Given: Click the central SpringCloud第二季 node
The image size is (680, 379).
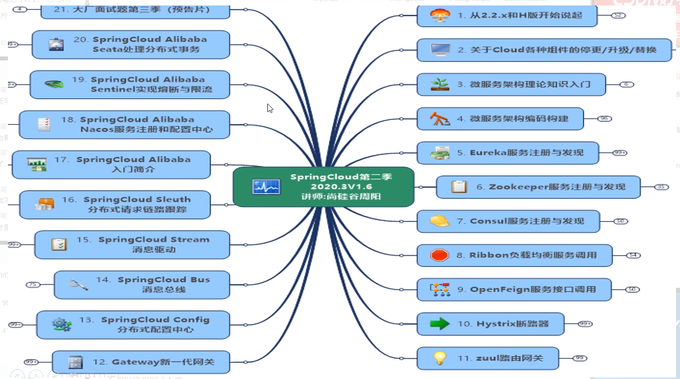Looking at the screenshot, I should pos(323,187).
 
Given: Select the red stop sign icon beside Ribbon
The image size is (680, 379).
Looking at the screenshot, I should pos(439,255).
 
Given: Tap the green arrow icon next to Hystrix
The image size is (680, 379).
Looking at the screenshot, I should pos(439,324).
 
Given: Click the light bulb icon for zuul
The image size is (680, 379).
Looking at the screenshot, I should pos(439,358).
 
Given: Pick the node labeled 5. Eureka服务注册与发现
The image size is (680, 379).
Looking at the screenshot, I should pos(507,153).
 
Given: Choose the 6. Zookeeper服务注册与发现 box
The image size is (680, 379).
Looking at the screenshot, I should pos(538,187).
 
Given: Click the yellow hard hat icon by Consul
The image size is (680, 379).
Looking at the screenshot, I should pos(439,221).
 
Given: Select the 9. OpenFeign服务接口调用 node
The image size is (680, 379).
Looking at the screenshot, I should pos(514,289).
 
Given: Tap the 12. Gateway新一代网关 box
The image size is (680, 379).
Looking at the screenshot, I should pos(141,362).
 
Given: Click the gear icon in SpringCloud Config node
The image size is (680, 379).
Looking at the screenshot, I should pos(62,325).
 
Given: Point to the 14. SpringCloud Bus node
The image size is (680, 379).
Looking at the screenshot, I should pos(142,284).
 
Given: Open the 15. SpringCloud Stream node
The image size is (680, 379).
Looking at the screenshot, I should pos(132,244).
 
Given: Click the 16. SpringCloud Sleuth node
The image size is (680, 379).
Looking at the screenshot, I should pos(115,205).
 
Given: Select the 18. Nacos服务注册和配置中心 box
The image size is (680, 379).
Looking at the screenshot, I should pos(124,124).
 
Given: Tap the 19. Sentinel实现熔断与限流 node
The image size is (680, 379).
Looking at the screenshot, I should pos(130,84).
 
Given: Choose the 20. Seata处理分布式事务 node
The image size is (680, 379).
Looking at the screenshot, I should pos(131,44).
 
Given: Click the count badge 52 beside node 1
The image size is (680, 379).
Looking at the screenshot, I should pos(618,15).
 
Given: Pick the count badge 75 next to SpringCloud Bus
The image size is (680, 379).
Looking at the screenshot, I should pos(33,284).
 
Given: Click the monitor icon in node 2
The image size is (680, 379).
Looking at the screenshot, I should pos(440,50).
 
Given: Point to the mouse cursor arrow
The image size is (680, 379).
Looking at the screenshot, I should pos(270,108).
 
